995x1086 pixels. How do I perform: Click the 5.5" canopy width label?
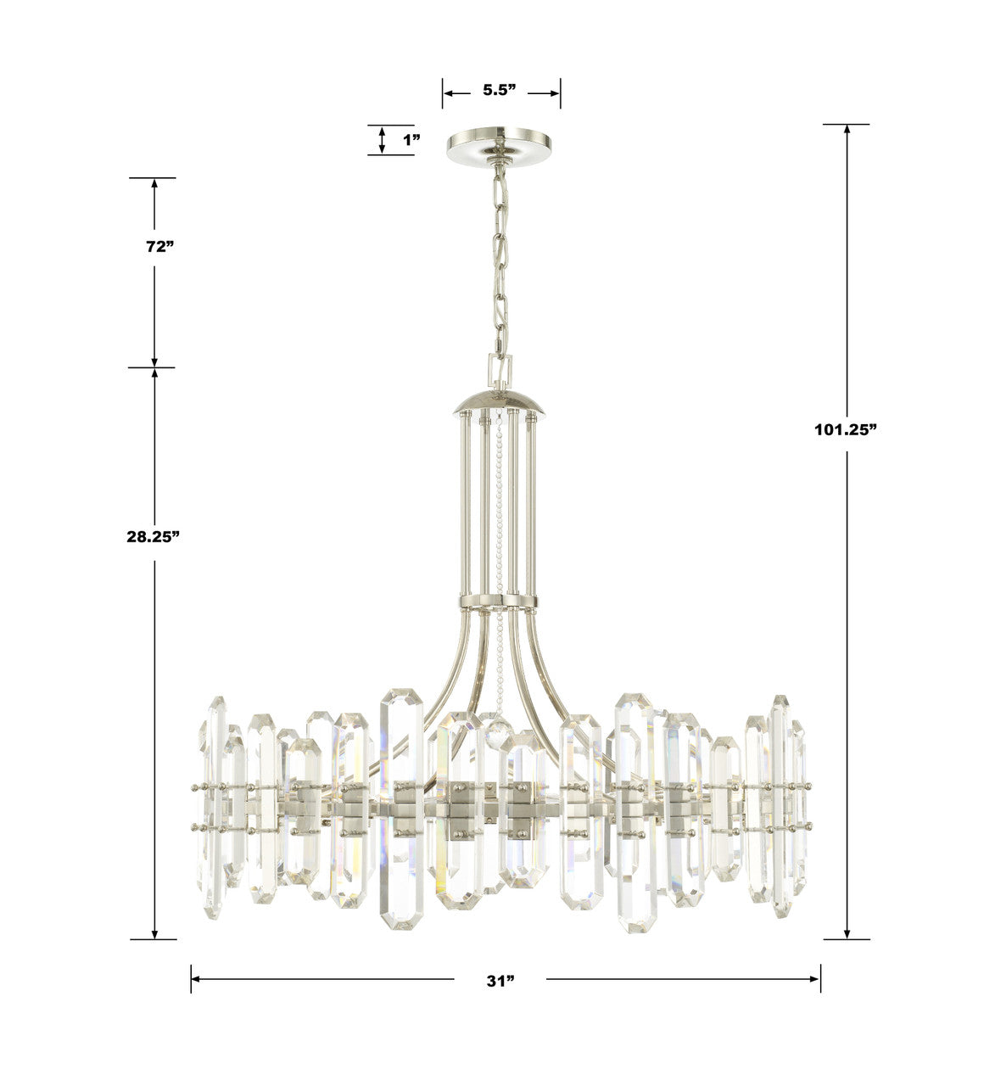(500, 91)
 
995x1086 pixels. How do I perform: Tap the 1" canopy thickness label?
(411, 140)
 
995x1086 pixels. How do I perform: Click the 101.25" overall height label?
(846, 429)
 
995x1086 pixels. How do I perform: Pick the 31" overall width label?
(500, 981)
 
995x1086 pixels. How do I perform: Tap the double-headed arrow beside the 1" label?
(383, 140)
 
